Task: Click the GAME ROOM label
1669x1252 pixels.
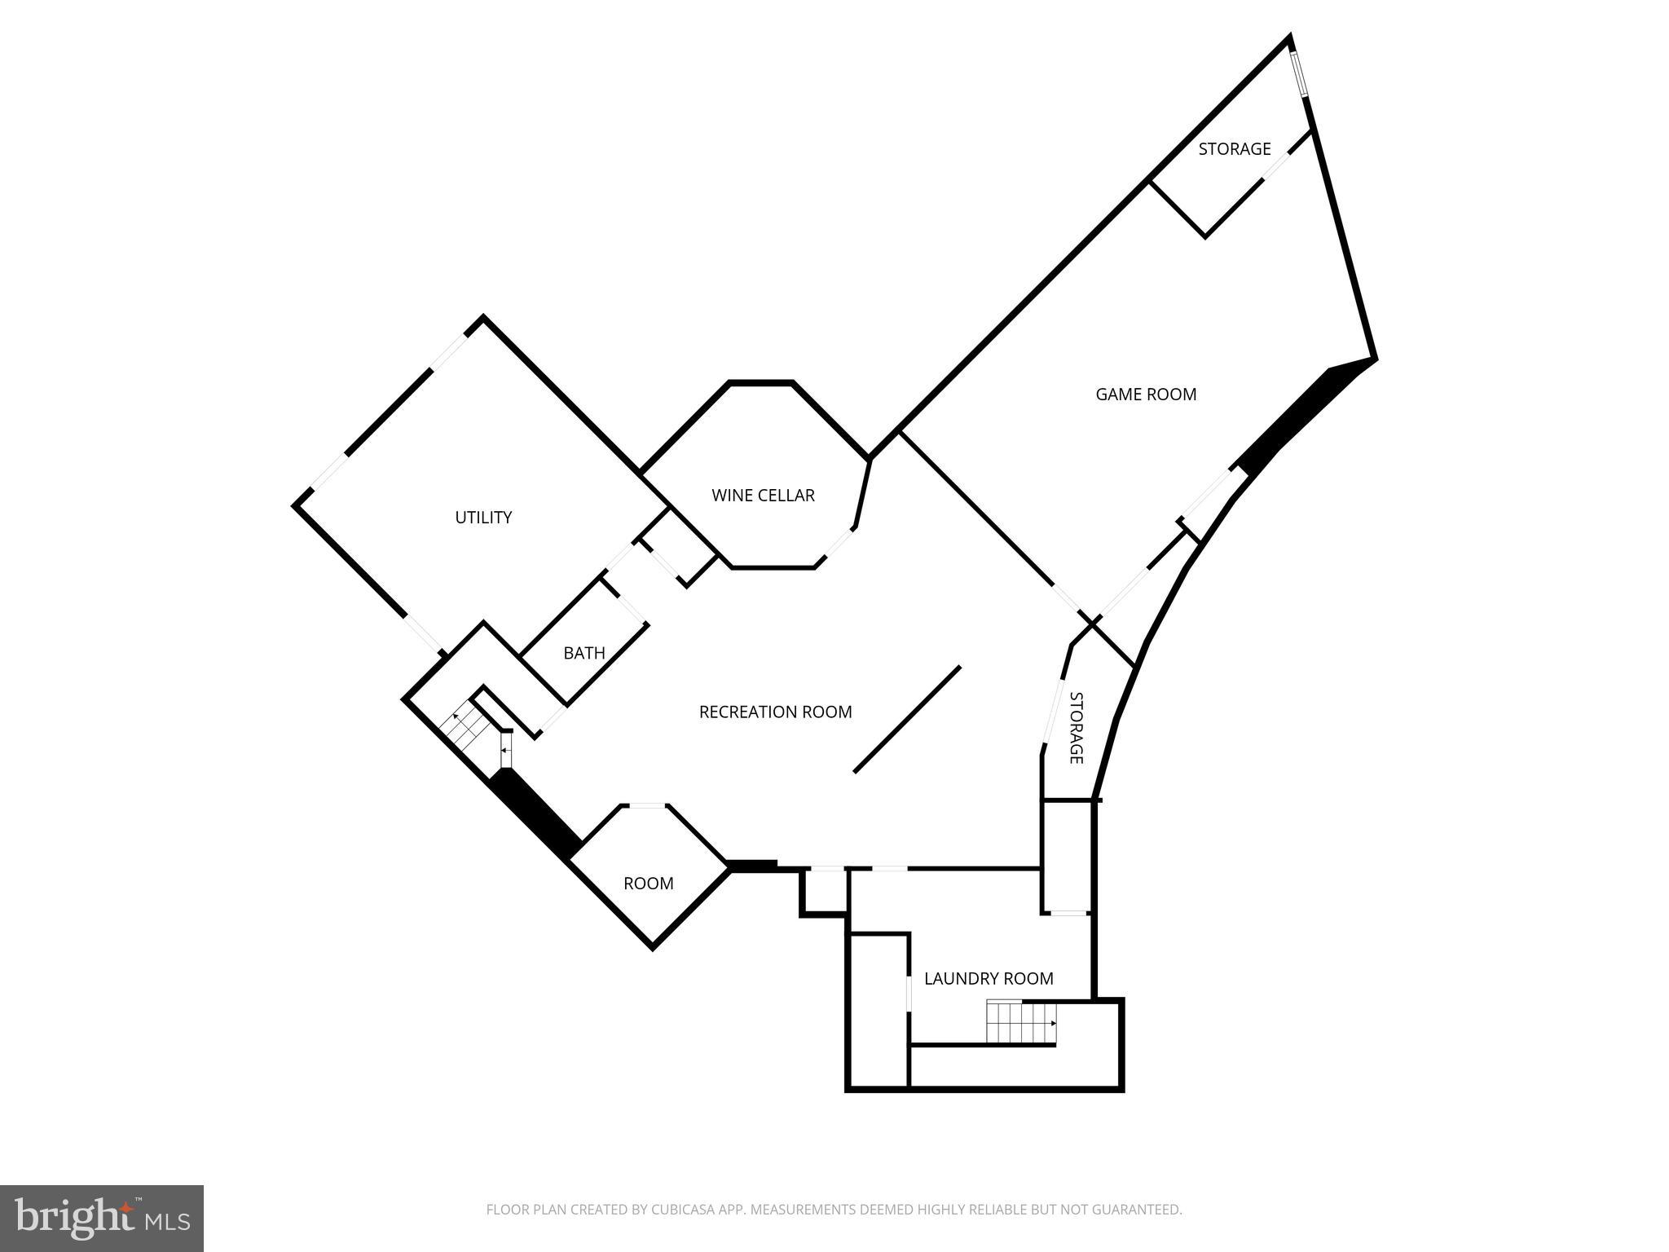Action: (x=1145, y=395)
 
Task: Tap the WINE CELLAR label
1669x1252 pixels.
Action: (x=763, y=496)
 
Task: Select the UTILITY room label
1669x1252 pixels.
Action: (x=483, y=518)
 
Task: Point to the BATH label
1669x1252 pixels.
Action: (x=584, y=653)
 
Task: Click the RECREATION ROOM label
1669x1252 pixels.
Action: (x=775, y=712)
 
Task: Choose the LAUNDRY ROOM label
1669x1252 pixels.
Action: (x=989, y=978)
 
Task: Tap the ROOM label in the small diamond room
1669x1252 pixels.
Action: (x=648, y=884)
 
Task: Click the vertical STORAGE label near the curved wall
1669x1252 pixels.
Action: (x=1076, y=728)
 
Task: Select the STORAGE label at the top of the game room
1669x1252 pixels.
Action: (x=1234, y=149)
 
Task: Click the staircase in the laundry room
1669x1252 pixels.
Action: (x=1021, y=1023)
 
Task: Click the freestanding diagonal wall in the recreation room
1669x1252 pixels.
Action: (x=907, y=719)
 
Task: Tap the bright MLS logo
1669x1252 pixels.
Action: (x=102, y=1219)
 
